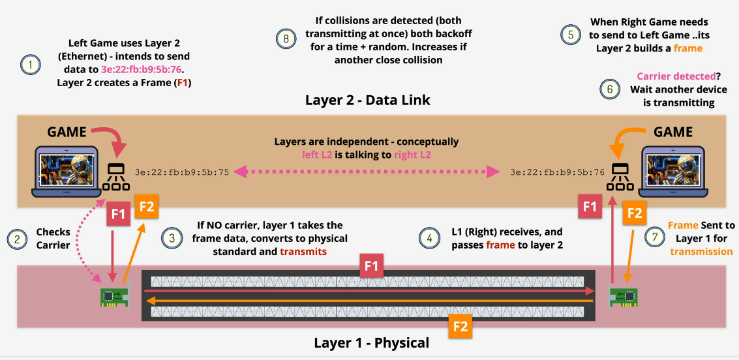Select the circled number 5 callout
point(571,34)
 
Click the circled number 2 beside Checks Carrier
point(16,238)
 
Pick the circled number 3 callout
point(172,238)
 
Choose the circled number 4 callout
point(429,238)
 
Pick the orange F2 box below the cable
point(460,325)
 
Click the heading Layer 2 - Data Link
point(368,100)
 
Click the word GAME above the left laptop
point(67,132)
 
